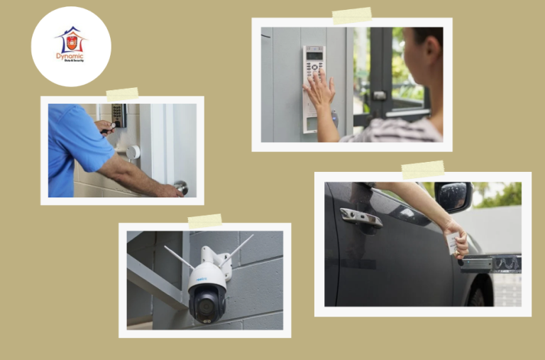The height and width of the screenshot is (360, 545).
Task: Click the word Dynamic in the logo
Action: point(70,55)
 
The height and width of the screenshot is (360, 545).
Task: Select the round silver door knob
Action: point(182,187)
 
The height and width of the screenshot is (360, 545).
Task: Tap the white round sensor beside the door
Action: point(133,152)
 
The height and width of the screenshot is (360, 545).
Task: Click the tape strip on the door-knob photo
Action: point(122,94)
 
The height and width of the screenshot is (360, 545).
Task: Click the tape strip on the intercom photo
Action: point(352,16)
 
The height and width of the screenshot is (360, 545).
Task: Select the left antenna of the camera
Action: point(180,257)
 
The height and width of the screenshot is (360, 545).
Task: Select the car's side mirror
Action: point(451,196)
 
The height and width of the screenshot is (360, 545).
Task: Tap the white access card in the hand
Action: point(451,243)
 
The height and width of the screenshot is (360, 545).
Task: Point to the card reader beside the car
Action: point(491,264)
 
